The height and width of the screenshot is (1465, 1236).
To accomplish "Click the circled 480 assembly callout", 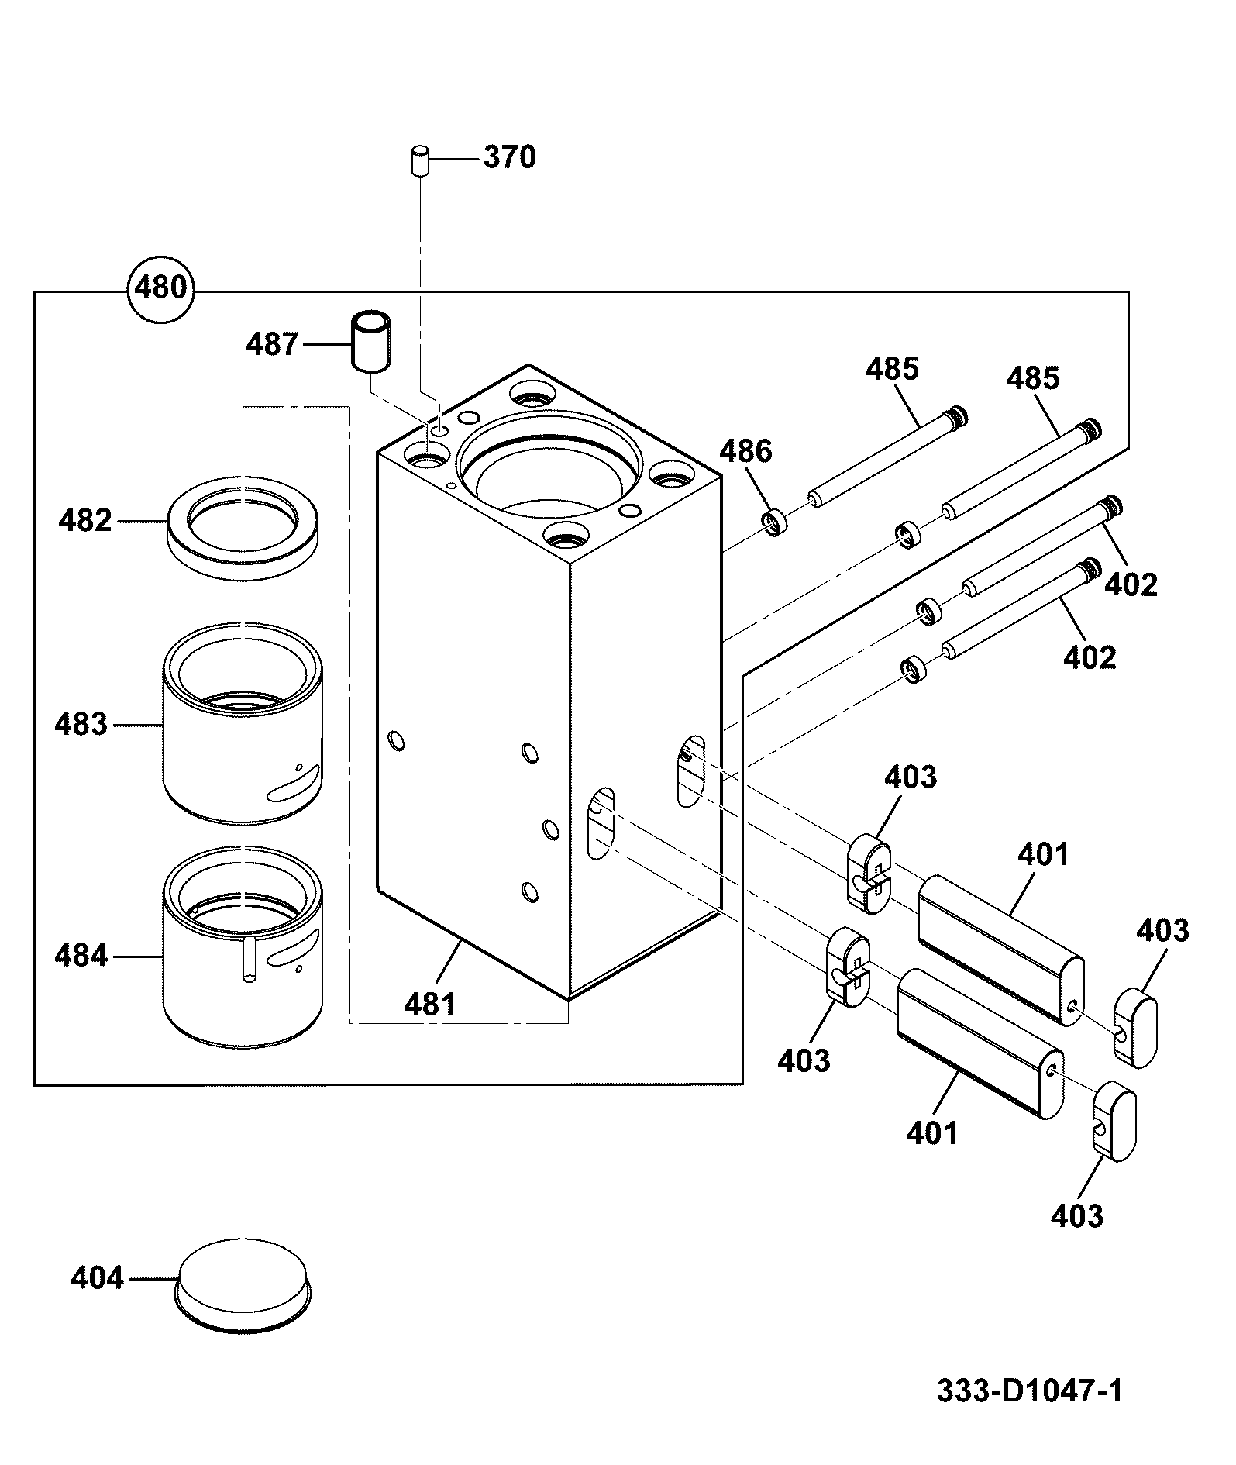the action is [x=161, y=288].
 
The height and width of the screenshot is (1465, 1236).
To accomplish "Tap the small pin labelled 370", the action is [x=420, y=160].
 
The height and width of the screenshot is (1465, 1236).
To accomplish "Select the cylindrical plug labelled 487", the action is [x=372, y=342].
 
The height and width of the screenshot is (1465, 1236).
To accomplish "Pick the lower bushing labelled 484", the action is [x=243, y=948].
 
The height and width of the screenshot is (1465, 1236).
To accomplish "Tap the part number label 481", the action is [x=430, y=1004].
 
